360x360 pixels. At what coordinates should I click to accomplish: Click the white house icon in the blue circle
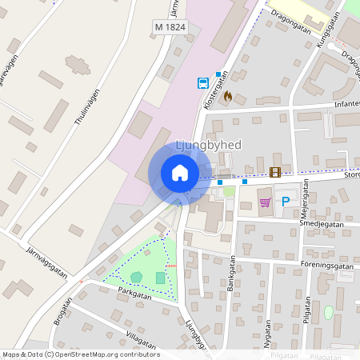point(179,173)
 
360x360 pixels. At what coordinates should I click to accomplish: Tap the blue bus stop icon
point(202,82)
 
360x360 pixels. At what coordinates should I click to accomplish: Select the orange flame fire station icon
point(228,96)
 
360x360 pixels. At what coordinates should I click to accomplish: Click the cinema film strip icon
point(275,171)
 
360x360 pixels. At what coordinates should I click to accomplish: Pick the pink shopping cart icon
point(265,202)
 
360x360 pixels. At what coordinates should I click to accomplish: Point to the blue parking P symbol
point(285,202)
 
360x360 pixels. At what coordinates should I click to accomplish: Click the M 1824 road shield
point(169,28)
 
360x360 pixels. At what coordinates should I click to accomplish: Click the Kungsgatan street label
point(329,33)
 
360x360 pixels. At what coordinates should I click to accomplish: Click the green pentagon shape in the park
point(137,277)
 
